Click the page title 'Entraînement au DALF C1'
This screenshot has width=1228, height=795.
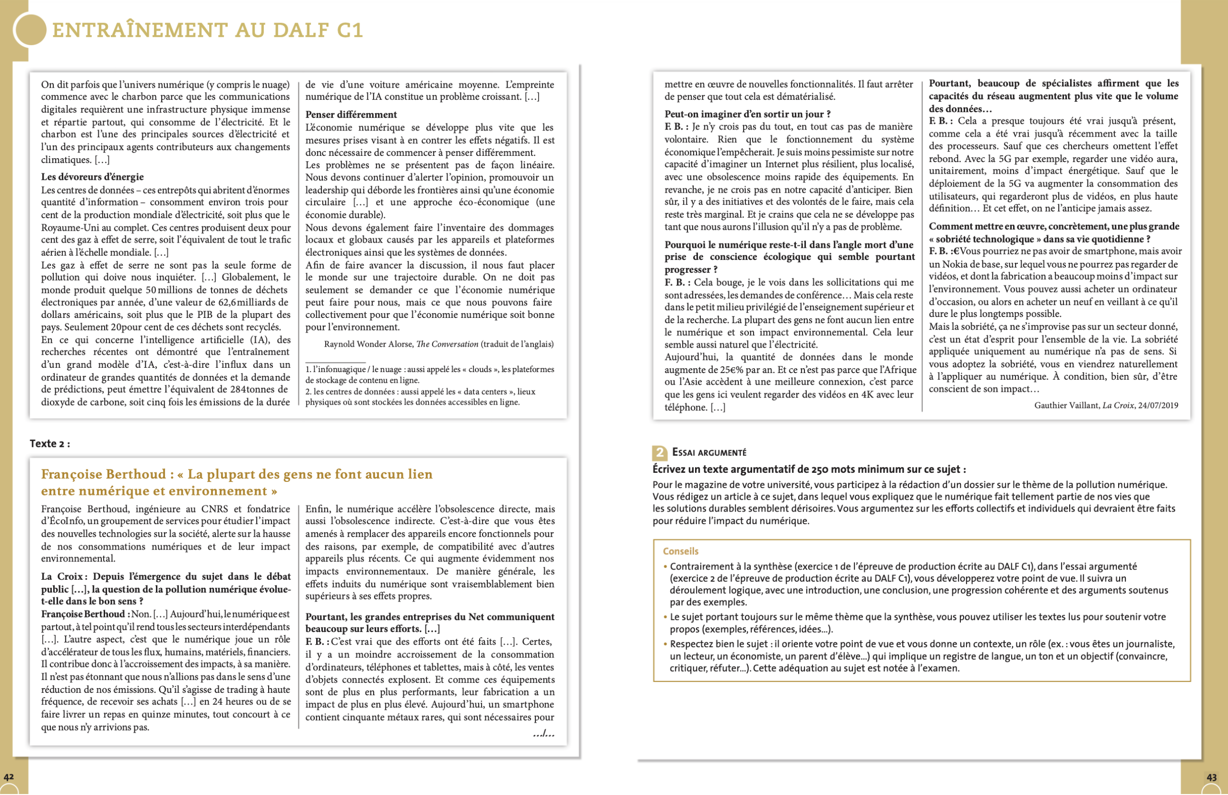click(207, 30)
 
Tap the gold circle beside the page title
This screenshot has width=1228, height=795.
click(30, 30)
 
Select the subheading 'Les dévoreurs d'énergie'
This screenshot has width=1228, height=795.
click(93, 177)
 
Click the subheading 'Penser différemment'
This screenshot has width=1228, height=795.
click(351, 115)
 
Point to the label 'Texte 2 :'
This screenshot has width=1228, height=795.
click(49, 444)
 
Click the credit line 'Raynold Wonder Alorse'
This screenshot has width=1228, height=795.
click(368, 344)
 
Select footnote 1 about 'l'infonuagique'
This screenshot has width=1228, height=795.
click(429, 374)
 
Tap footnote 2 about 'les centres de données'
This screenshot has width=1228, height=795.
click(420, 397)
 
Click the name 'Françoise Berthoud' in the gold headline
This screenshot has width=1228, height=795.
click(103, 474)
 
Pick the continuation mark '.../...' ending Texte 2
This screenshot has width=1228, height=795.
click(543, 734)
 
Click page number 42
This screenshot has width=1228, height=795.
click(9, 777)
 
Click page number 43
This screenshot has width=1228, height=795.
click(1212, 777)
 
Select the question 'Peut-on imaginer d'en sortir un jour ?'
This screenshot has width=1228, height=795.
click(747, 114)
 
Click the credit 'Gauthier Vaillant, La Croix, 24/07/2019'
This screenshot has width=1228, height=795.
click(1106, 406)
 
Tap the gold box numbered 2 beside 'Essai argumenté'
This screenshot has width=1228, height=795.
click(660, 453)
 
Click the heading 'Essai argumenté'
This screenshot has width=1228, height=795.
click(709, 453)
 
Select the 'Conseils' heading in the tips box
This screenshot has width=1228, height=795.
click(681, 551)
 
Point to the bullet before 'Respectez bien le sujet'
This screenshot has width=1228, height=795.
click(665, 644)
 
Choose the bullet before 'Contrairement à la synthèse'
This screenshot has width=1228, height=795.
click(665, 567)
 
